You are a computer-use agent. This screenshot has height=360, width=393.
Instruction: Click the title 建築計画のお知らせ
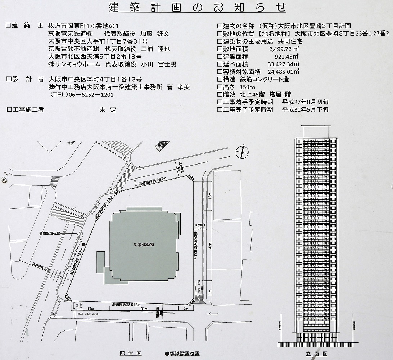197,7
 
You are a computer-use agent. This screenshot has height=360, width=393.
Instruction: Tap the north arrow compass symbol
242,152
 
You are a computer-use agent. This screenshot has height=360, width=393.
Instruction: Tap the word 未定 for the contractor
108,110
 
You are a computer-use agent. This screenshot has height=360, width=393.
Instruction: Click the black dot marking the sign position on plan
84,245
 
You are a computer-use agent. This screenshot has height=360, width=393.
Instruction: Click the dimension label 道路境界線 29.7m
152,182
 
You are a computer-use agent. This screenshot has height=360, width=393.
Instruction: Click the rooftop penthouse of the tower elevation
316,131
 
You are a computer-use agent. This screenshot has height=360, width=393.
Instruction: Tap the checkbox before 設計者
9,79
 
